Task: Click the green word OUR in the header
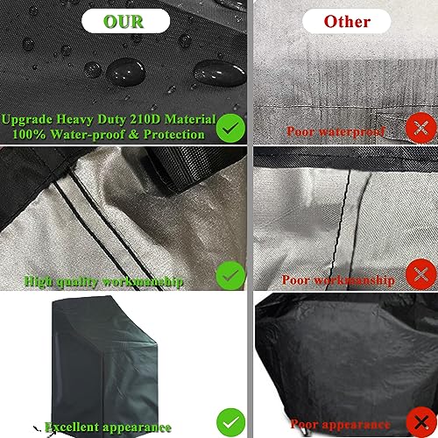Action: click(x=124, y=21)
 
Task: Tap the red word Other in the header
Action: click(x=347, y=21)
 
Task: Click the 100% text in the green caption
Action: click(x=29, y=134)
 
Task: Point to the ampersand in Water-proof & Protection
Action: click(x=133, y=134)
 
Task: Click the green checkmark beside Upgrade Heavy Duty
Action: click(x=230, y=128)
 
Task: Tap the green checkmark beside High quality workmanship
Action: click(x=230, y=275)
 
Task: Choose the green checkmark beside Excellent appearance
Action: click(x=231, y=422)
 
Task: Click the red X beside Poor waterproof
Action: click(x=420, y=128)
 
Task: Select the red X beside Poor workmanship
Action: click(x=420, y=274)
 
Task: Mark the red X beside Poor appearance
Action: click(x=421, y=421)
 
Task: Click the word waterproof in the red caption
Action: click(x=351, y=131)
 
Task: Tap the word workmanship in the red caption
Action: click(x=354, y=280)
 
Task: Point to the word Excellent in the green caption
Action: click(x=72, y=427)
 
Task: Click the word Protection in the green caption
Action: click(x=173, y=134)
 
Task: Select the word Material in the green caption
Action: click(x=190, y=119)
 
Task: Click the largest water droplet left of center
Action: click(x=125, y=72)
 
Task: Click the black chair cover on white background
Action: click(x=105, y=366)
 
